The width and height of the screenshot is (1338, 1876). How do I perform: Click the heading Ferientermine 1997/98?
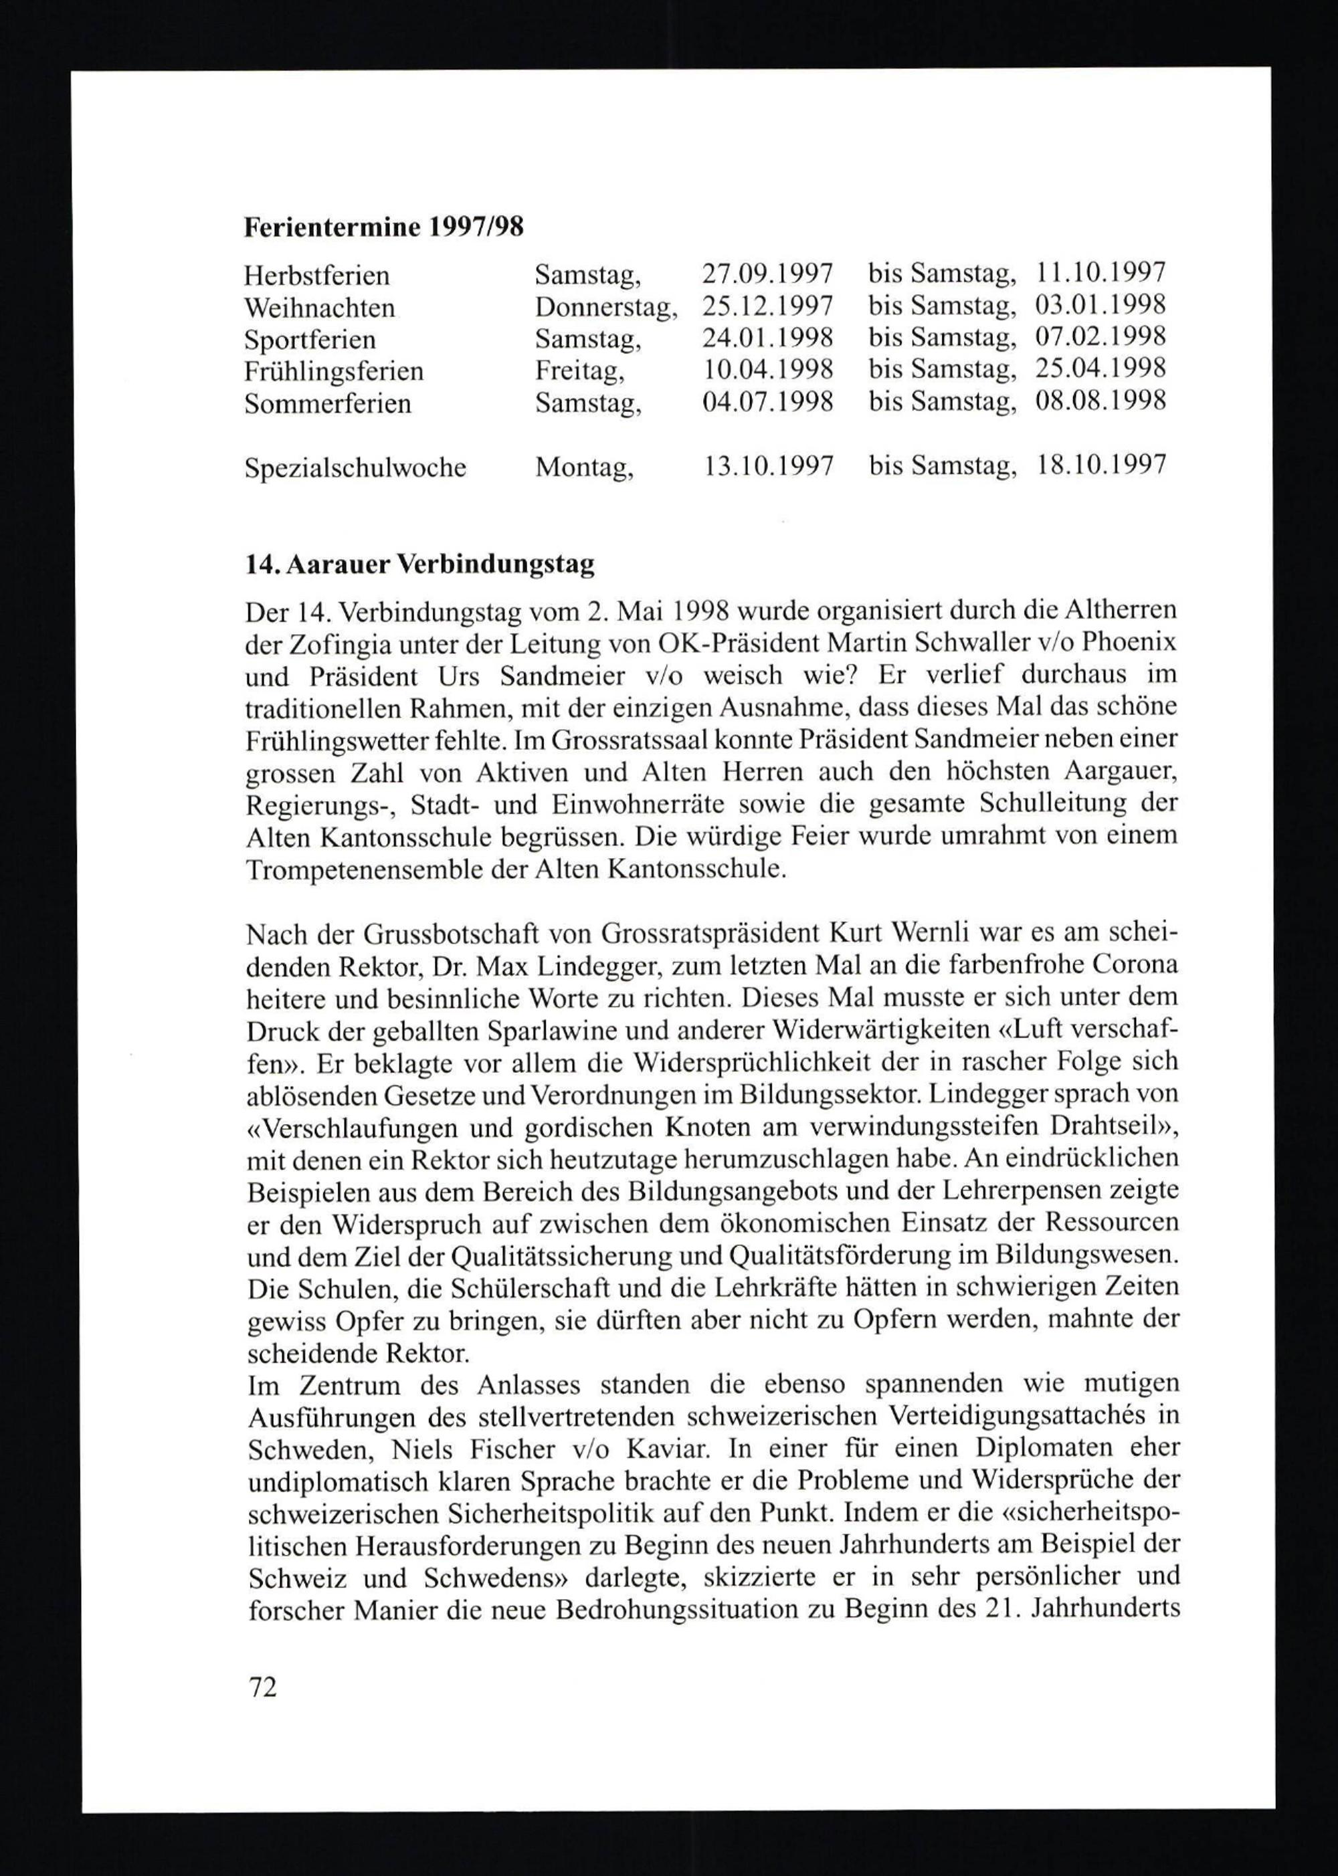(x=383, y=227)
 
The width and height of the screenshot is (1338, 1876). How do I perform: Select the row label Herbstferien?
(x=316, y=274)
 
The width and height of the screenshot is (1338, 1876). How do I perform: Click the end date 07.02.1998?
(x=1100, y=338)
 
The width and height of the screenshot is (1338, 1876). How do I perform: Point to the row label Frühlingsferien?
(x=334, y=371)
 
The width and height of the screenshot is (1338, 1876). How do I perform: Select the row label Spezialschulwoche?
(x=355, y=467)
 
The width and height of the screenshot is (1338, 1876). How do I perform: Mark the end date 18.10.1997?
(x=1100, y=466)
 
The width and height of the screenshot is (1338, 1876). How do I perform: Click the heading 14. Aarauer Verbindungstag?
(x=419, y=565)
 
